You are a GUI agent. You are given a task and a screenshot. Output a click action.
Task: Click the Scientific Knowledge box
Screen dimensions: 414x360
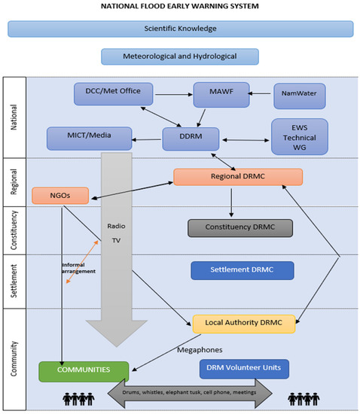[180, 29]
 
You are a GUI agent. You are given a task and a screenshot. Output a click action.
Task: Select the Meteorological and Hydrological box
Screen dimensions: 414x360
[180, 56]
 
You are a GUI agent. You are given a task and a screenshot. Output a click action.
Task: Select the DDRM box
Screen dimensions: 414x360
[190, 139]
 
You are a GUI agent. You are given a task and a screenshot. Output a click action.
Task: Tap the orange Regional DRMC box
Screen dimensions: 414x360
[238, 177]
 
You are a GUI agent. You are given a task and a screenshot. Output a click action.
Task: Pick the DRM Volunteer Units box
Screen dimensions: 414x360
[244, 368]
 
